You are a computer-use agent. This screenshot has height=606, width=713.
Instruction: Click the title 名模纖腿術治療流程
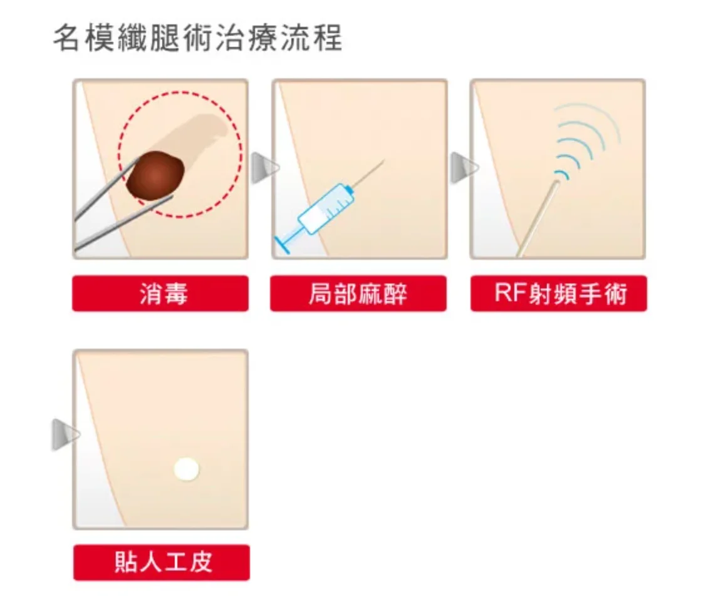tap(198, 38)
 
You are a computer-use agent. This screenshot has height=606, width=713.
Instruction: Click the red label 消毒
tap(160, 294)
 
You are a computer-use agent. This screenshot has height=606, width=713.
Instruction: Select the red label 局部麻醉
tap(358, 294)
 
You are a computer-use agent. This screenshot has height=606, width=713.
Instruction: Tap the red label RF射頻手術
tap(558, 294)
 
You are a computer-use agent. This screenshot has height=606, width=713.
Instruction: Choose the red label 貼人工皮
tap(161, 562)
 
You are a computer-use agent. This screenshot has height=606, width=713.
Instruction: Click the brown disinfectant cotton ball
tap(155, 177)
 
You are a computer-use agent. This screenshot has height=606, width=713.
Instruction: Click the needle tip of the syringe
tap(382, 162)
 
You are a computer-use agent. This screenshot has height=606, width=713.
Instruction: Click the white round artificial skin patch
tap(186, 469)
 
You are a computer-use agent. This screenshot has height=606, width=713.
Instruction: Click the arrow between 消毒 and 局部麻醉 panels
tap(263, 168)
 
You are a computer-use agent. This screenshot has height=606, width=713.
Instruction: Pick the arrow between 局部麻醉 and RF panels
tap(462, 168)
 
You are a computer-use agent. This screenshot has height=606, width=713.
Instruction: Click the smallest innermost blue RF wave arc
tap(563, 172)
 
